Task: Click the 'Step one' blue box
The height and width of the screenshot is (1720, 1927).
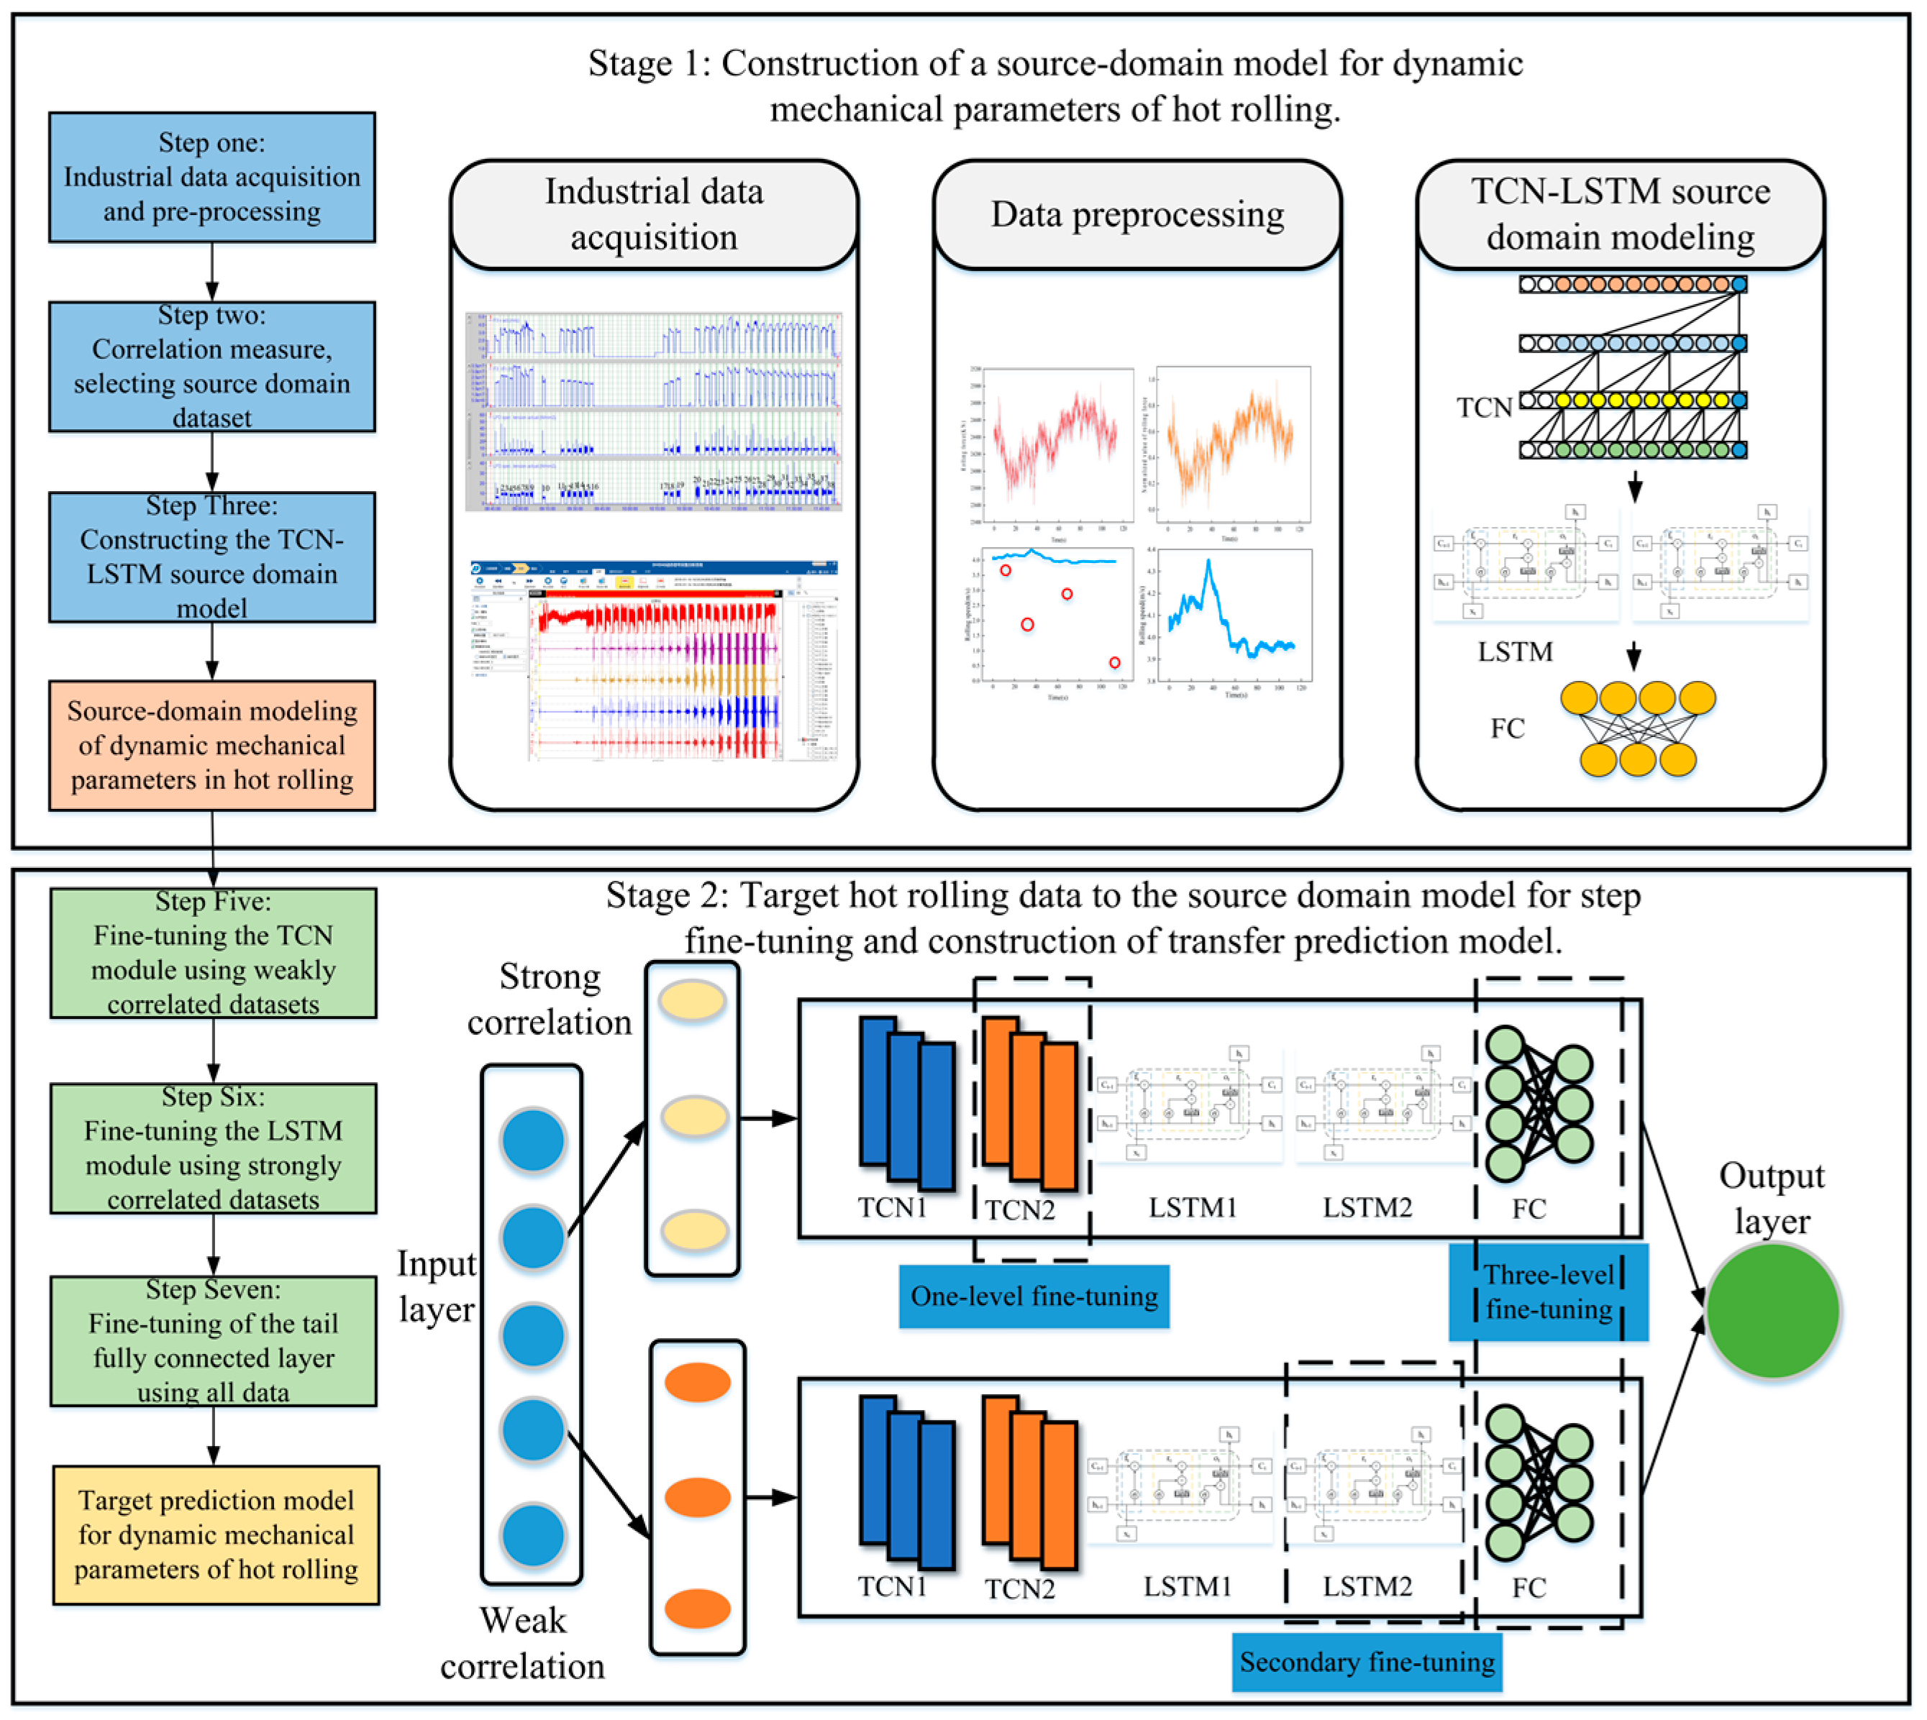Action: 211,177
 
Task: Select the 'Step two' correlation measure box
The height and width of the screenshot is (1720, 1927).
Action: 211,367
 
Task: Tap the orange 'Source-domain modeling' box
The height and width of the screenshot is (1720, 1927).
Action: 211,745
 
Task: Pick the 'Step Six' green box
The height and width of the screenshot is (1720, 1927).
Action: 213,1148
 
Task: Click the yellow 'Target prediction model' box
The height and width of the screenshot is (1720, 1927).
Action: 216,1534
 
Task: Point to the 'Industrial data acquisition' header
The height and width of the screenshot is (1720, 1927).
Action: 653,214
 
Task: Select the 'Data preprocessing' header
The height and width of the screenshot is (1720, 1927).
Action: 1136,214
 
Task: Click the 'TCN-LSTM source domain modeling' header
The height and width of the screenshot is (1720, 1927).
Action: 1620,214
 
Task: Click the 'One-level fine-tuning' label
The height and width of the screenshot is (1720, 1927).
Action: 1034,1296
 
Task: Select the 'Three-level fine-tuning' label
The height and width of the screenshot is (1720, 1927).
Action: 1548,1292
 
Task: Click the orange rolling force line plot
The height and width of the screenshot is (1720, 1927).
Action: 1232,444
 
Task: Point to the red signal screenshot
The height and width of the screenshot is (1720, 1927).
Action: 655,662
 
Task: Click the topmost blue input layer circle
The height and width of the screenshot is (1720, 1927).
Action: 532,1140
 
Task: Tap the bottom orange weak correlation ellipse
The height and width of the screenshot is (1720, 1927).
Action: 697,1609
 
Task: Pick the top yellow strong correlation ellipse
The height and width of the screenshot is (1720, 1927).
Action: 692,1000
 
